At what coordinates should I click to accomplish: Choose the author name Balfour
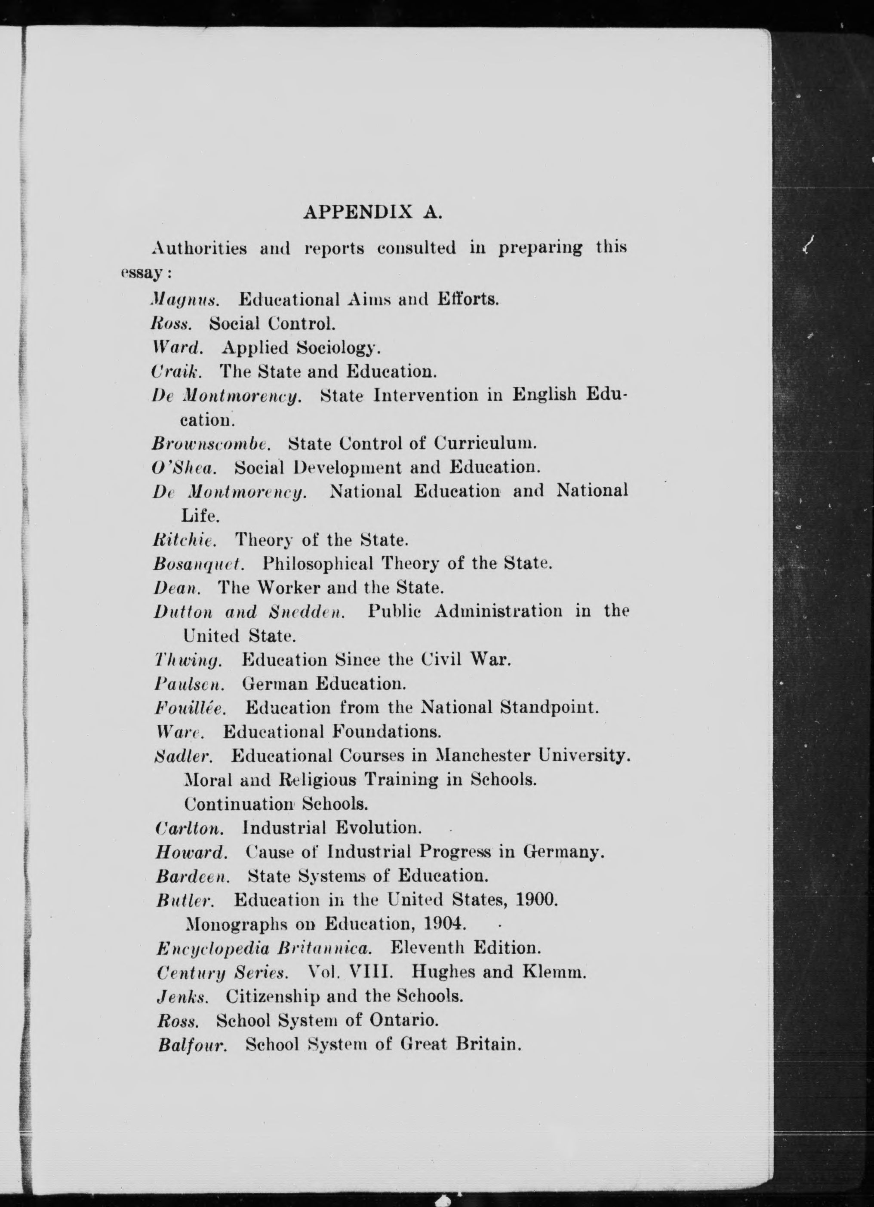tap(193, 1045)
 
